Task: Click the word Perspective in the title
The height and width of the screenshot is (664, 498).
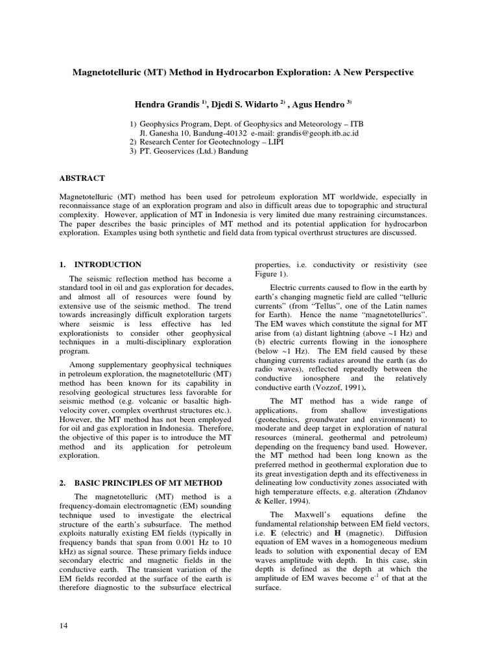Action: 385,73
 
